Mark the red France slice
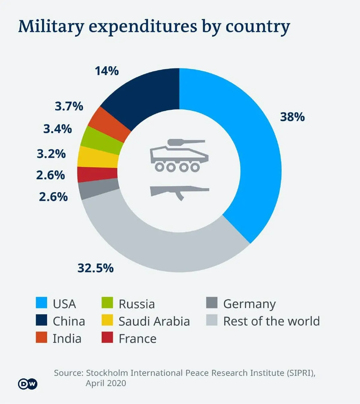(97, 174)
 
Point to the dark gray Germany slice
(99, 189)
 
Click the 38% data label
(292, 117)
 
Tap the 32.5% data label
(96, 268)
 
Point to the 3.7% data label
(69, 106)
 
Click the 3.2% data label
(51, 154)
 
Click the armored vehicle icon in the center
(179, 155)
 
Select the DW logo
(28, 384)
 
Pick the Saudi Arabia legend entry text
(154, 322)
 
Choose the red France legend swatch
(107, 337)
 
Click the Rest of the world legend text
(271, 321)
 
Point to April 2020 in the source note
(106, 383)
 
